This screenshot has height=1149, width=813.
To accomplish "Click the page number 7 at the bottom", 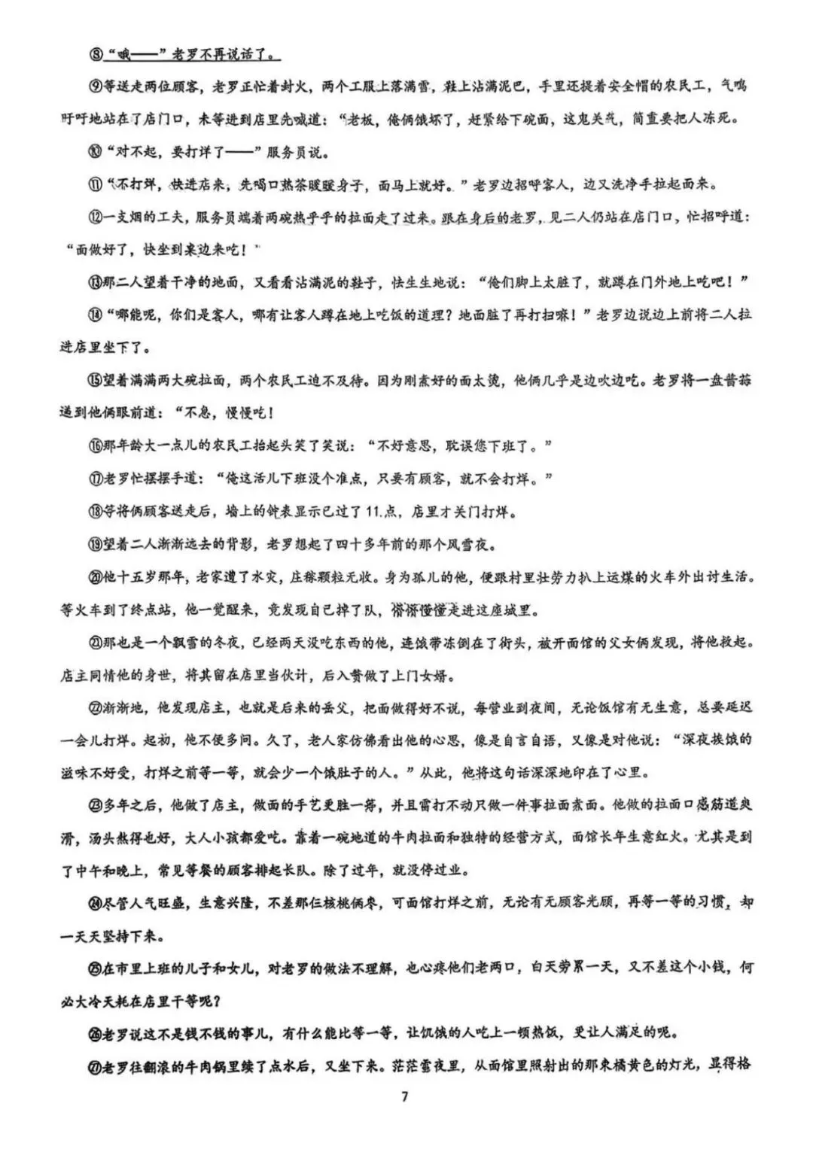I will point(405,1096).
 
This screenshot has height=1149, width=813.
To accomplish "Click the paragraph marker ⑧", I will point(96,54).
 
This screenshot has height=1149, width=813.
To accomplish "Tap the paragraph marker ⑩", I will point(96,152).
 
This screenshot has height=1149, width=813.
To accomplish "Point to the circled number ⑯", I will point(95,446).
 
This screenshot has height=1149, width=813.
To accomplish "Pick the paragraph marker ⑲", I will point(95,544).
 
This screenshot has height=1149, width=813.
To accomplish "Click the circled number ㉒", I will point(95,707).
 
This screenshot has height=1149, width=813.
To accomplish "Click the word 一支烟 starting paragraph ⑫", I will point(121,217).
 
